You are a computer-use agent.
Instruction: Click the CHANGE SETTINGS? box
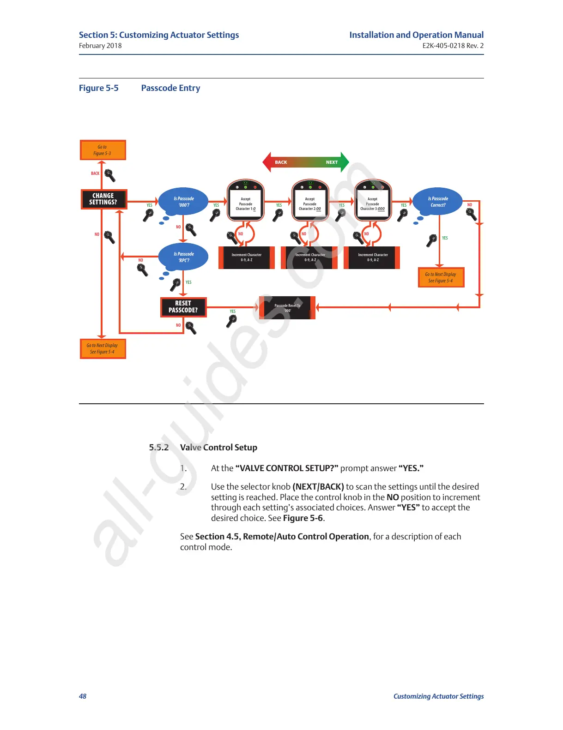coord(103,199)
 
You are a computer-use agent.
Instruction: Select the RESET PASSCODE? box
coord(183,307)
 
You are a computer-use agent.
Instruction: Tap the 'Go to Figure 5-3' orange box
coord(103,150)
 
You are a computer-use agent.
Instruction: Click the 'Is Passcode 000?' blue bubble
coord(184,202)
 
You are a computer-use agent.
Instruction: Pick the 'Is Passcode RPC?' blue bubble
coord(184,257)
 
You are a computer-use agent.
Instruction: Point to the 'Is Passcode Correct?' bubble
coord(438,202)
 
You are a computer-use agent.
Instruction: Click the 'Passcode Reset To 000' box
coord(287,308)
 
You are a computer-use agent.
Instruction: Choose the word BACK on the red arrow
coord(281,162)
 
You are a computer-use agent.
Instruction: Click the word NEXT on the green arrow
coord(332,162)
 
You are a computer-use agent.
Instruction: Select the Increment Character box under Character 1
coord(247,257)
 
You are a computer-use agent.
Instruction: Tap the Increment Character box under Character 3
coord(372,257)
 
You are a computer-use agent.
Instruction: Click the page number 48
coord(83,696)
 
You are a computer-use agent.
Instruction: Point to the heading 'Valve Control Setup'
coord(218,447)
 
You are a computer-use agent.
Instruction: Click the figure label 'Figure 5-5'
coord(99,88)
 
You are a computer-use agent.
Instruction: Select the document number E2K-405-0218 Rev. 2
coord(453,46)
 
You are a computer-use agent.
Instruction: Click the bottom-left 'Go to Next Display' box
coord(103,349)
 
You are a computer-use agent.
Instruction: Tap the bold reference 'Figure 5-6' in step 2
coord(303,518)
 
